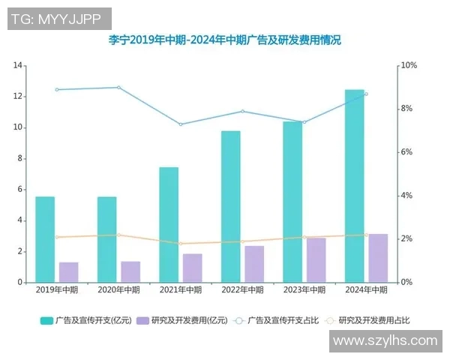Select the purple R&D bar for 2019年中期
coord(69,272)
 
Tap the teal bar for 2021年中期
coord(169,225)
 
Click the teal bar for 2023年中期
coord(292,202)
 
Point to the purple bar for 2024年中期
coord(378,258)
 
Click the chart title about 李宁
coord(224,40)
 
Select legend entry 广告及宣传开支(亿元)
coord(85,320)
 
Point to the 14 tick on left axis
coord(17,66)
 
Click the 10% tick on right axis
coord(409,66)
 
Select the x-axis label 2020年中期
coord(118,289)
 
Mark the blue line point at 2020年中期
coord(118,88)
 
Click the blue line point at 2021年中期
coord(180,124)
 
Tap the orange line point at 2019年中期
coord(57,237)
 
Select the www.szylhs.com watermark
coord(385,340)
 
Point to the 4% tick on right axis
coord(407,196)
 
